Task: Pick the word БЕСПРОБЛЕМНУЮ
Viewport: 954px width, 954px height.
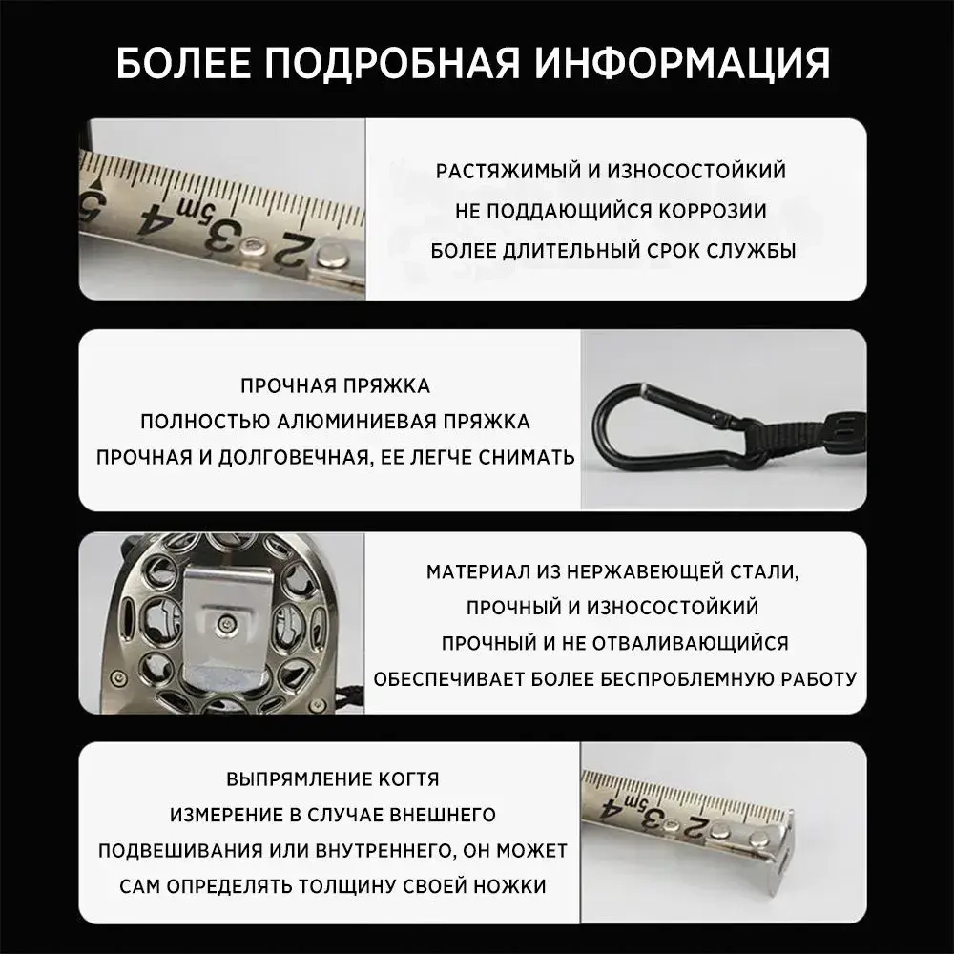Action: click(683, 679)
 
